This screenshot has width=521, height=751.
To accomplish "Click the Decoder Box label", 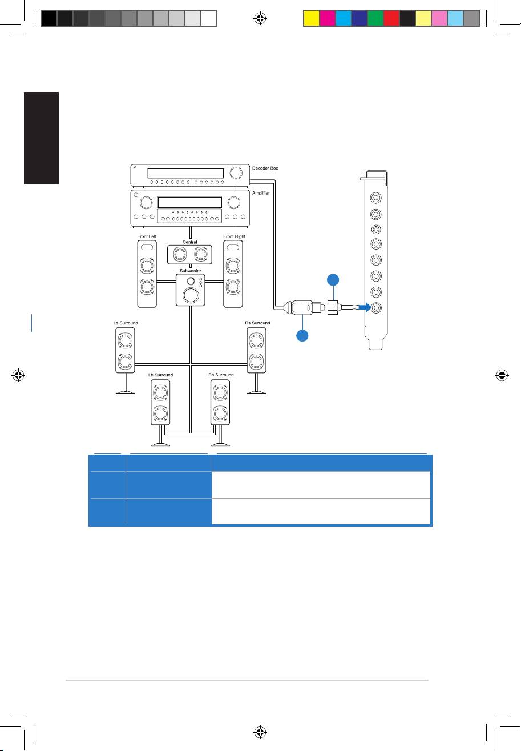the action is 265,168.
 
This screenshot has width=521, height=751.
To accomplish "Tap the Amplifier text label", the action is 261,193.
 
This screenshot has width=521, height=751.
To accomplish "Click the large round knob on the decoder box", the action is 236,172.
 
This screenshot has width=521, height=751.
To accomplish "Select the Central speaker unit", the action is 189,255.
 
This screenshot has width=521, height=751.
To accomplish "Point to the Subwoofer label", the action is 190,271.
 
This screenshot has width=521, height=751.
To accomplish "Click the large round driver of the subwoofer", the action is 191,295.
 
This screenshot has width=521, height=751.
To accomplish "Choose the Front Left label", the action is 147,236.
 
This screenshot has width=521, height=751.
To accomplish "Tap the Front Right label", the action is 235,236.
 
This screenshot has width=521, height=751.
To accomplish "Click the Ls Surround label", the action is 126,323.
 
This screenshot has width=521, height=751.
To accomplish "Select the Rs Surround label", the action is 257,323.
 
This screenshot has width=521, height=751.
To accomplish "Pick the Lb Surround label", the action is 160,375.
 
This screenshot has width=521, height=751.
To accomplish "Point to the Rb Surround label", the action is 221,375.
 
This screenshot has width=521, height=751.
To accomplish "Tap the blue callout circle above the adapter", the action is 333,280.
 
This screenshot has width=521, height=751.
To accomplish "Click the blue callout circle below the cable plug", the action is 302,335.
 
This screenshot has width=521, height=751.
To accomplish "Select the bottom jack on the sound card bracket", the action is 376,307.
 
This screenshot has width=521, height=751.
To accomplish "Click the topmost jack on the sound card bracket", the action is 376,198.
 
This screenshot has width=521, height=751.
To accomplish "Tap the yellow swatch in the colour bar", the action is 311,18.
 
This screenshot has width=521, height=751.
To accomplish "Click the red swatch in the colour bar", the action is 391,18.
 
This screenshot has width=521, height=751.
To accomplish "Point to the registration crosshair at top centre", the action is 260,18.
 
